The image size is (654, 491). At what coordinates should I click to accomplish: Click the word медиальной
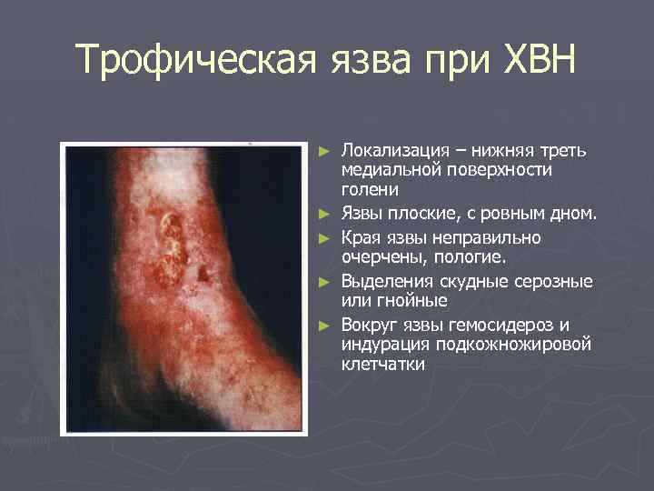pyautogui.click(x=394, y=171)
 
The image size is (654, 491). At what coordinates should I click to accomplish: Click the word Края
pyautogui.click(x=362, y=238)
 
